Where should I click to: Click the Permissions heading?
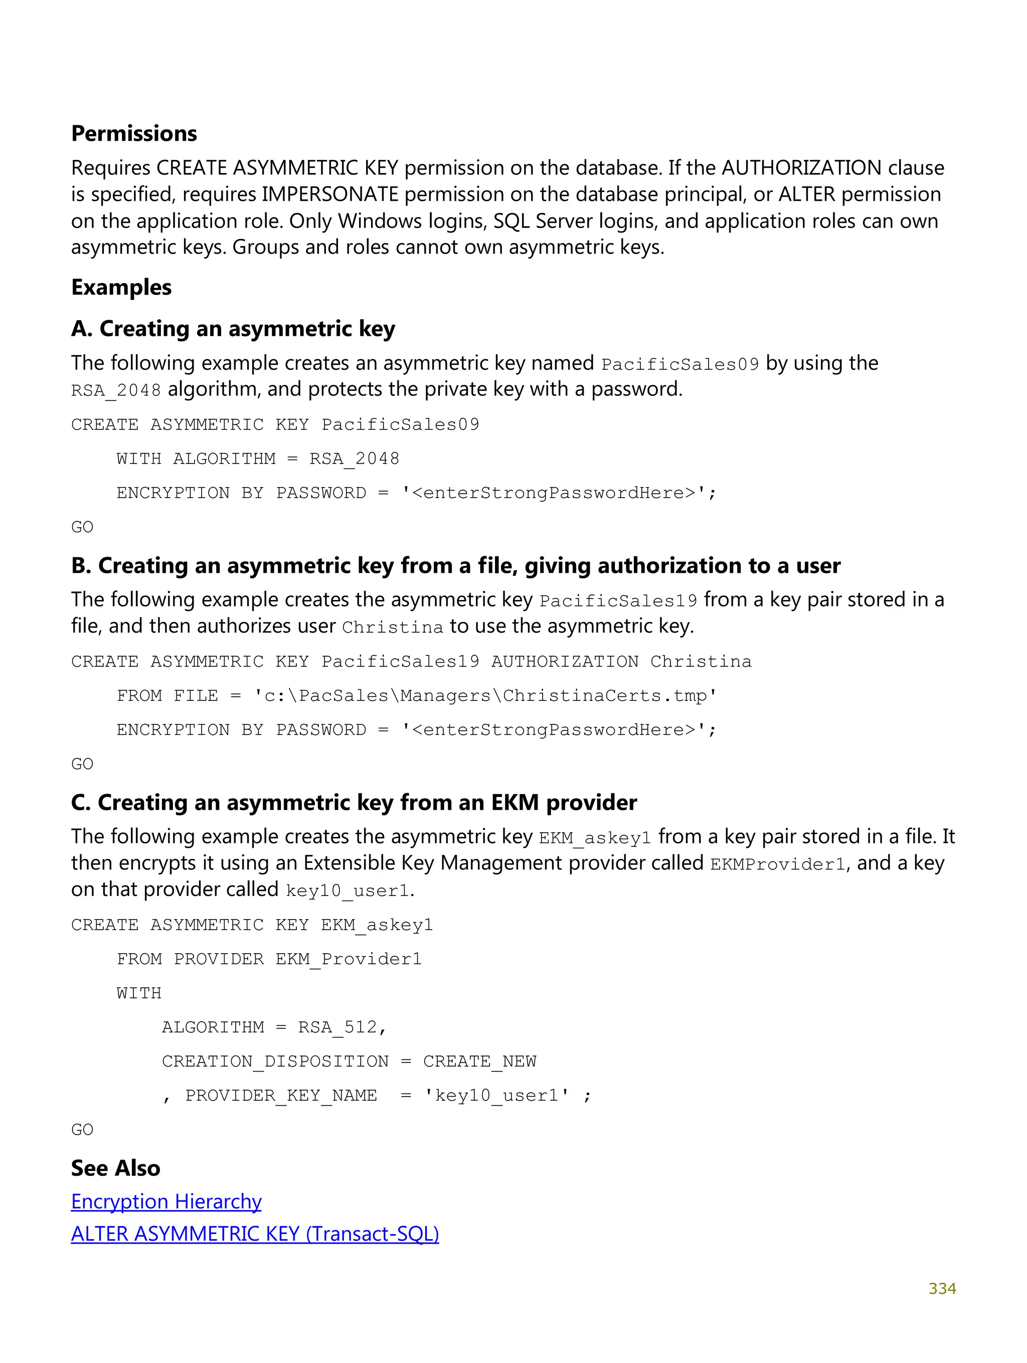pyautogui.click(x=134, y=134)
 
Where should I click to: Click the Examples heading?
pyautogui.click(x=121, y=287)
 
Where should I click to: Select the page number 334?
pyautogui.click(x=942, y=1288)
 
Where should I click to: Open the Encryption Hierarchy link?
pyautogui.click(x=166, y=1201)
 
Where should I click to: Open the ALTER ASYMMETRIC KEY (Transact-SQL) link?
pyautogui.click(x=254, y=1234)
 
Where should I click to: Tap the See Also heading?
pyautogui.click(x=115, y=1168)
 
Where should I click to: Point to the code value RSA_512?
pyautogui.click(x=337, y=1027)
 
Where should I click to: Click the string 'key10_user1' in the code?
pyautogui.click(x=496, y=1096)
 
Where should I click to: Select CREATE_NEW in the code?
pyautogui.click(x=479, y=1061)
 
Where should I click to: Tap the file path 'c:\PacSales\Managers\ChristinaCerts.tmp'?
pyautogui.click(x=485, y=696)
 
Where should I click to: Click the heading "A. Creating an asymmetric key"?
pyautogui.click(x=233, y=329)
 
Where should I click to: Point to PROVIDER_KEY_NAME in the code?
pyautogui.click(x=281, y=1096)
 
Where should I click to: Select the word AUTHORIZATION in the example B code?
pyautogui.click(x=564, y=662)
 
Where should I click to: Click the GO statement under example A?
pyautogui.click(x=82, y=527)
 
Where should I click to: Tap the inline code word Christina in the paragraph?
pyautogui.click(x=393, y=627)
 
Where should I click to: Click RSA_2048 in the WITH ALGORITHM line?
pyautogui.click(x=354, y=459)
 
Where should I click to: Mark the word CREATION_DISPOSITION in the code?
pyautogui.click(x=275, y=1061)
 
